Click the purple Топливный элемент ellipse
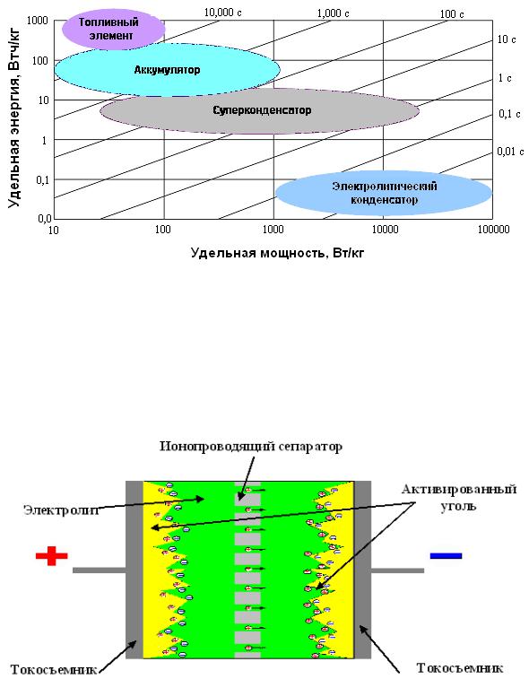tap(113, 29)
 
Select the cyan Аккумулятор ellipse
tap(167, 70)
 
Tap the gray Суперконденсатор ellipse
tap(260, 111)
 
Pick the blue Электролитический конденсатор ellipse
tap(384, 193)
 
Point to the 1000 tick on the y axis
tap(38, 20)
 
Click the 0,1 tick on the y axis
tap(42, 179)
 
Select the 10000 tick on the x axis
tap(385, 230)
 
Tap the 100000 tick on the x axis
tap(493, 230)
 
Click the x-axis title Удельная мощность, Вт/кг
tap(277, 253)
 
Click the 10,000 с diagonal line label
tap(222, 13)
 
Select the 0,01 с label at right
tap(510, 151)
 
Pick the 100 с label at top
tap(452, 14)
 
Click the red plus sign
tap(51, 555)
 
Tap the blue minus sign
tap(446, 556)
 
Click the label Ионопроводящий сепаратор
tap(251, 446)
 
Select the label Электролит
tap(62, 509)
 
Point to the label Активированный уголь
tap(459, 497)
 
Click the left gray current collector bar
tap(134, 570)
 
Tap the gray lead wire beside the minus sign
tap(397, 570)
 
